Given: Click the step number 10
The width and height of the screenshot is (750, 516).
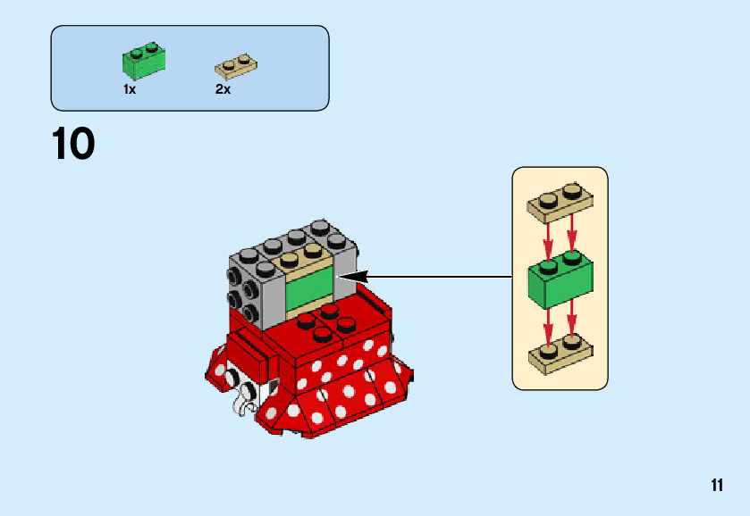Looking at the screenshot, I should point(73,145).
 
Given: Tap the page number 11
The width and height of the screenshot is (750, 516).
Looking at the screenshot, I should point(717,486).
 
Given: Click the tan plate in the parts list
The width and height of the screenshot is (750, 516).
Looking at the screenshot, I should point(236,66).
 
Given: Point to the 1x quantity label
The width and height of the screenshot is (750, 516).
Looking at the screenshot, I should point(130,89).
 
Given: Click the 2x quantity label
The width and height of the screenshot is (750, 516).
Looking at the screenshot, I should point(223,89).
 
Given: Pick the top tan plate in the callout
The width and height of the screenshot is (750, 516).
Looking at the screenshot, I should point(560,204).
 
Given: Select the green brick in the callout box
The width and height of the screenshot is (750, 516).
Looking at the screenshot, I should point(560,278).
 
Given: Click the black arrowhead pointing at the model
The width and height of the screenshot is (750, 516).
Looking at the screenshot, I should point(350,277).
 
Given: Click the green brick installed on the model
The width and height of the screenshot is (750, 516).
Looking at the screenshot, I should point(308,288).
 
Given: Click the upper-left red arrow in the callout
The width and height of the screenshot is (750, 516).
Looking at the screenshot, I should point(547,237).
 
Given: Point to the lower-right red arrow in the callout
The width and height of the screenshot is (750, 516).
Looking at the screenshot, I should point(573,319).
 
